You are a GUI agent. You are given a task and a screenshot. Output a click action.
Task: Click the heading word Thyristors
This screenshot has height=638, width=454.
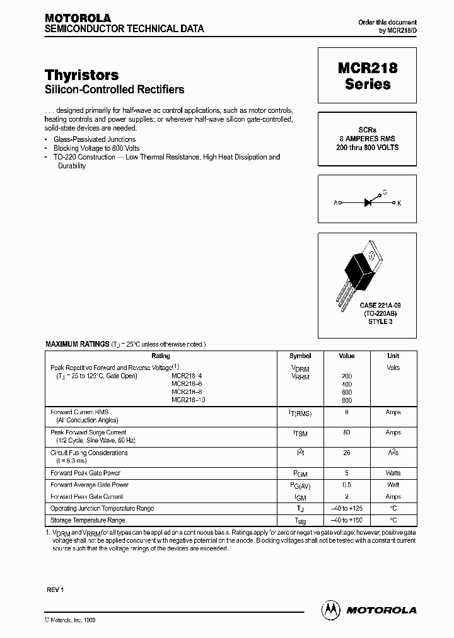click(x=82, y=76)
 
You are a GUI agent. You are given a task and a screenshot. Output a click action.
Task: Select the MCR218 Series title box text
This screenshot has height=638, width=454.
click(x=368, y=76)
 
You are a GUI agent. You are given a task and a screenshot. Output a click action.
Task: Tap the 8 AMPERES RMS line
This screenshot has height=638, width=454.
click(x=368, y=139)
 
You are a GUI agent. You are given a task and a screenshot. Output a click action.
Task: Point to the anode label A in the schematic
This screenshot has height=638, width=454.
click(x=336, y=203)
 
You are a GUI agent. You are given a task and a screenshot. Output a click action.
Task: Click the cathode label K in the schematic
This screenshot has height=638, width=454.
click(x=399, y=203)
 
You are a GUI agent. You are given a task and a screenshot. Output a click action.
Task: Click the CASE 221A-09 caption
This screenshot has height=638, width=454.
click(x=368, y=305)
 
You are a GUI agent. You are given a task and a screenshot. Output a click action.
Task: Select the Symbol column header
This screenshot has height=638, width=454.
click(x=300, y=356)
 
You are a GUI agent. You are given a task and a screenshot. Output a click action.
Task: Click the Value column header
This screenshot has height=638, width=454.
click(x=346, y=356)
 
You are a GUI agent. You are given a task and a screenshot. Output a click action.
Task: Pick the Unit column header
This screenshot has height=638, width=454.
click(x=393, y=356)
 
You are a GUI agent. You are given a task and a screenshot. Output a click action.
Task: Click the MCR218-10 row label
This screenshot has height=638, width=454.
click(x=189, y=400)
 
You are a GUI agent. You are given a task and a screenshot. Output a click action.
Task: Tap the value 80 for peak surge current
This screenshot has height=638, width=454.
click(x=346, y=433)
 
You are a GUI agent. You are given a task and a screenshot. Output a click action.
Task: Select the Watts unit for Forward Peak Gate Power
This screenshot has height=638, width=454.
click(x=393, y=473)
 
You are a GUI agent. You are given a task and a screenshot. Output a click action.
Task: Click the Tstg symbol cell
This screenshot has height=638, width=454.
click(x=300, y=521)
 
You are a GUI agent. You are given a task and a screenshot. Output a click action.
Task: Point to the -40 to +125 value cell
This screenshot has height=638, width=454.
click(x=346, y=509)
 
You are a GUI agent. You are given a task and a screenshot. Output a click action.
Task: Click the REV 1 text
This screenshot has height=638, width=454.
click(x=55, y=589)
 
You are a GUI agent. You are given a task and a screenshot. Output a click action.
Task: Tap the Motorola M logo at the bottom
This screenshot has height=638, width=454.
click(x=330, y=609)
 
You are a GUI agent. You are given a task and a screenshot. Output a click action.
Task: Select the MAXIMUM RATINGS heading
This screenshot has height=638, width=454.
click(x=69, y=344)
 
